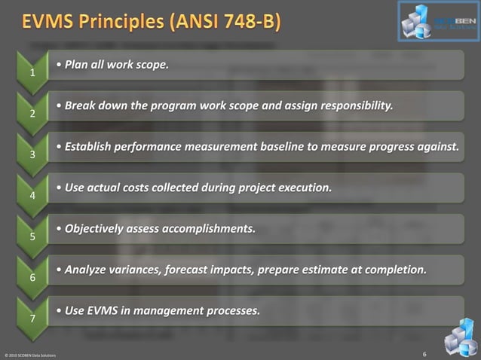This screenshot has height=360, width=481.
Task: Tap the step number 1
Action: [x=32, y=74]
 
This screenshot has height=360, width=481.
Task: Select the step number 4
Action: [x=32, y=196]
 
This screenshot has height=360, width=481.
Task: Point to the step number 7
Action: [x=32, y=319]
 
